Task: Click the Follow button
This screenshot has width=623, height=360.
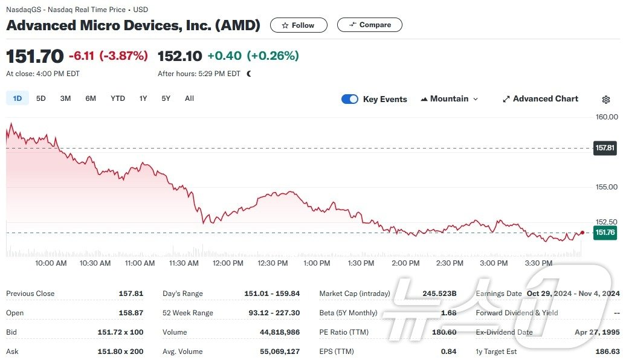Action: coord(298,25)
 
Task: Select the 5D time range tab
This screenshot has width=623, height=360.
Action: coord(41,98)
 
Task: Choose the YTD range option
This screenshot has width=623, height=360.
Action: coord(118,98)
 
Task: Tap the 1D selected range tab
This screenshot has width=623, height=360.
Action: coord(18,98)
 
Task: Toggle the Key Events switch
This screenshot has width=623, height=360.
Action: coord(350,99)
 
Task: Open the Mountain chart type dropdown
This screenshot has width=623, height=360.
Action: coord(449,99)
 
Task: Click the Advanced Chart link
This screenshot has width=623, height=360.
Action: coord(540,99)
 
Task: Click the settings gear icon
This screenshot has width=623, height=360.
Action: coord(606,100)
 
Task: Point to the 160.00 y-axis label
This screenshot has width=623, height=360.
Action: coord(606,117)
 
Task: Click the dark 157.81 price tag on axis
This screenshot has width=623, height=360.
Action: coord(605,147)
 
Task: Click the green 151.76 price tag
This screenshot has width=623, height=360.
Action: coord(605,233)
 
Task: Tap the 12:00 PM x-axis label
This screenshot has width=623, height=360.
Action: coord(228,263)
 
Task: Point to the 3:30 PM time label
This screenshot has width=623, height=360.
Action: coord(538,263)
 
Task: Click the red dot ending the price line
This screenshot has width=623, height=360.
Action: coord(582,233)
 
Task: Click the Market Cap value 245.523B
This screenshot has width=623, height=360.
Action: coord(439,294)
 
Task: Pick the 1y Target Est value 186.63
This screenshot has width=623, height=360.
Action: coord(607,352)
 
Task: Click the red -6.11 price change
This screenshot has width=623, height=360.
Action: coord(82,56)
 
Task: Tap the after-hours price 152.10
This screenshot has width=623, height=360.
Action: coord(179,56)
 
